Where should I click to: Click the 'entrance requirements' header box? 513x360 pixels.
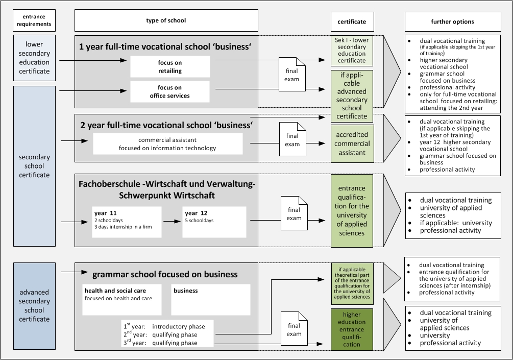click(x=34, y=20)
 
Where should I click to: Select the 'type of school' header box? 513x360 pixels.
click(x=166, y=20)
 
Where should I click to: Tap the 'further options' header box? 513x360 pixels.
click(x=453, y=21)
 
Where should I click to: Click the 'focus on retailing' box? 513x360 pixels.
click(x=170, y=67)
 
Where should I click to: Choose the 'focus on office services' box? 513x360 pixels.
click(x=170, y=91)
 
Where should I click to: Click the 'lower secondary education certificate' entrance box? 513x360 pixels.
click(x=34, y=58)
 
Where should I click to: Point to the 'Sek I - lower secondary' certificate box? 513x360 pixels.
click(x=352, y=51)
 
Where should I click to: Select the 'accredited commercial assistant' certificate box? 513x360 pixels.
click(x=352, y=143)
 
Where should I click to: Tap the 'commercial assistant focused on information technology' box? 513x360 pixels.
click(x=168, y=143)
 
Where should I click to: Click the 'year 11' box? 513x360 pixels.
click(x=127, y=222)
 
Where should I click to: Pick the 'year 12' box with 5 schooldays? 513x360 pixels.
click(x=214, y=222)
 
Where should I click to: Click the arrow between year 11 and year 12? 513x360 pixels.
click(x=172, y=222)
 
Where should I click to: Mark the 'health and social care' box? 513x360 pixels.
click(x=121, y=299)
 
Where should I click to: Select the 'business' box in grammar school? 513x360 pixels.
click(x=211, y=299)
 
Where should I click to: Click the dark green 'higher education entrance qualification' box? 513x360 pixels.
click(x=352, y=329)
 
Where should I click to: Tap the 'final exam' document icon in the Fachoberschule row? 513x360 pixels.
click(x=294, y=213)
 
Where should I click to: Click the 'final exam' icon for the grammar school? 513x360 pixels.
click(x=294, y=328)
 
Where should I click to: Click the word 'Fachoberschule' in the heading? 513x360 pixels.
click(x=109, y=184)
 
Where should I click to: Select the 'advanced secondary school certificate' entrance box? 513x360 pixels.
click(x=34, y=306)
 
